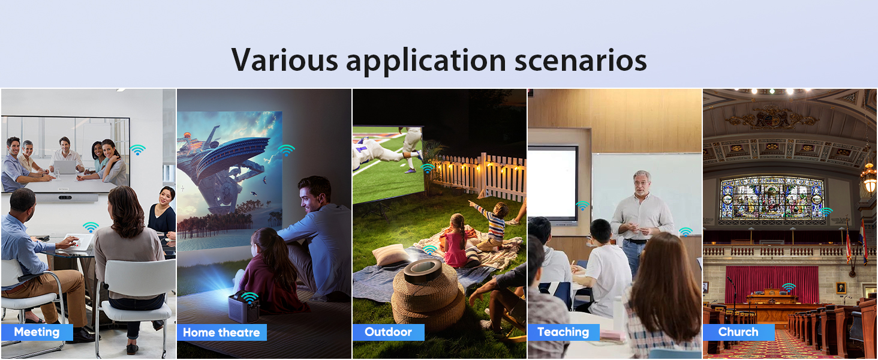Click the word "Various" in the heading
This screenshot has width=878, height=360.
284,60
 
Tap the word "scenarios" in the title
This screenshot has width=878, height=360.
581,60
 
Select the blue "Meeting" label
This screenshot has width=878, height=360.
37,332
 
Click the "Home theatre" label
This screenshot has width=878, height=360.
221,332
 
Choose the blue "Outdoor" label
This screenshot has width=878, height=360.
388,332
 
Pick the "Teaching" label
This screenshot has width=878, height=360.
563,332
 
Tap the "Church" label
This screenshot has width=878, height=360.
738,332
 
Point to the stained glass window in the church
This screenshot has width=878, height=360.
772,198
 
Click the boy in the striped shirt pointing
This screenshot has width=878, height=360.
492,226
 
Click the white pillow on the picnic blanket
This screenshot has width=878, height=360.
391,255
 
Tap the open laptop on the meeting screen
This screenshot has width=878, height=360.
65,167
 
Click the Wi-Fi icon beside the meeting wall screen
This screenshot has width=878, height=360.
137,149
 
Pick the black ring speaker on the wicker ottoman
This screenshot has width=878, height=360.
423,271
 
